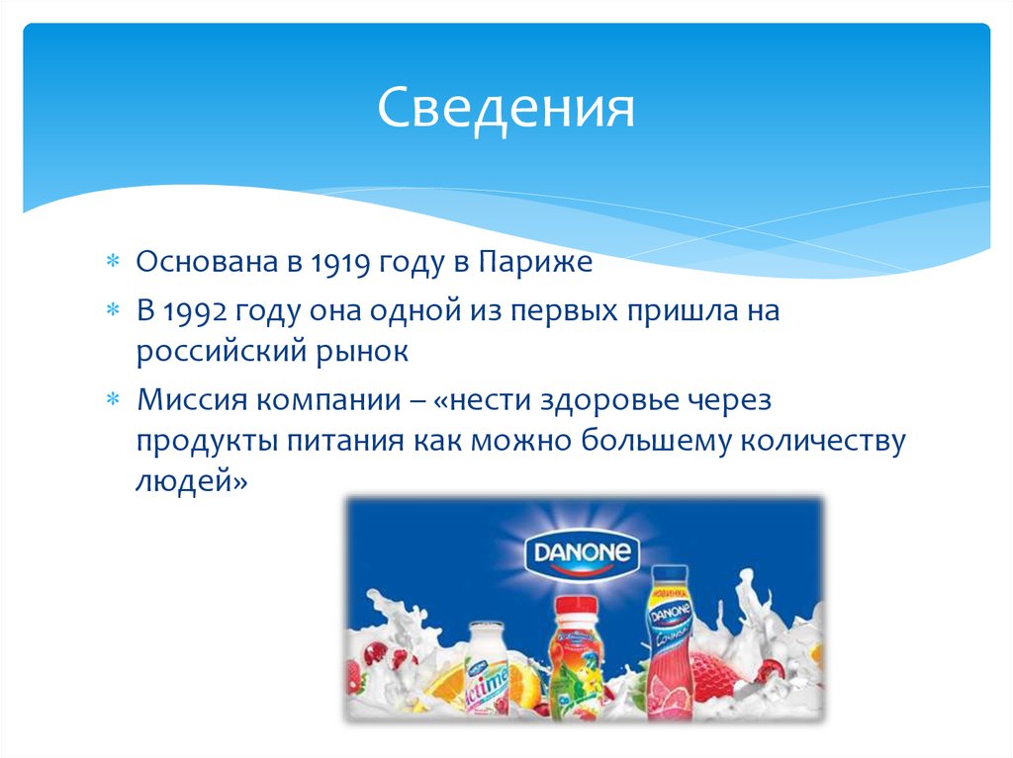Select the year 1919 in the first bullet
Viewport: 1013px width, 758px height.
[x=339, y=263]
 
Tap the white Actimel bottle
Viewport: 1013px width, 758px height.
[x=488, y=672]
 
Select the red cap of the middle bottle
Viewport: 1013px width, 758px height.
[x=574, y=606]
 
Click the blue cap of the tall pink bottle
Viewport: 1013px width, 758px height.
[x=669, y=573]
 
